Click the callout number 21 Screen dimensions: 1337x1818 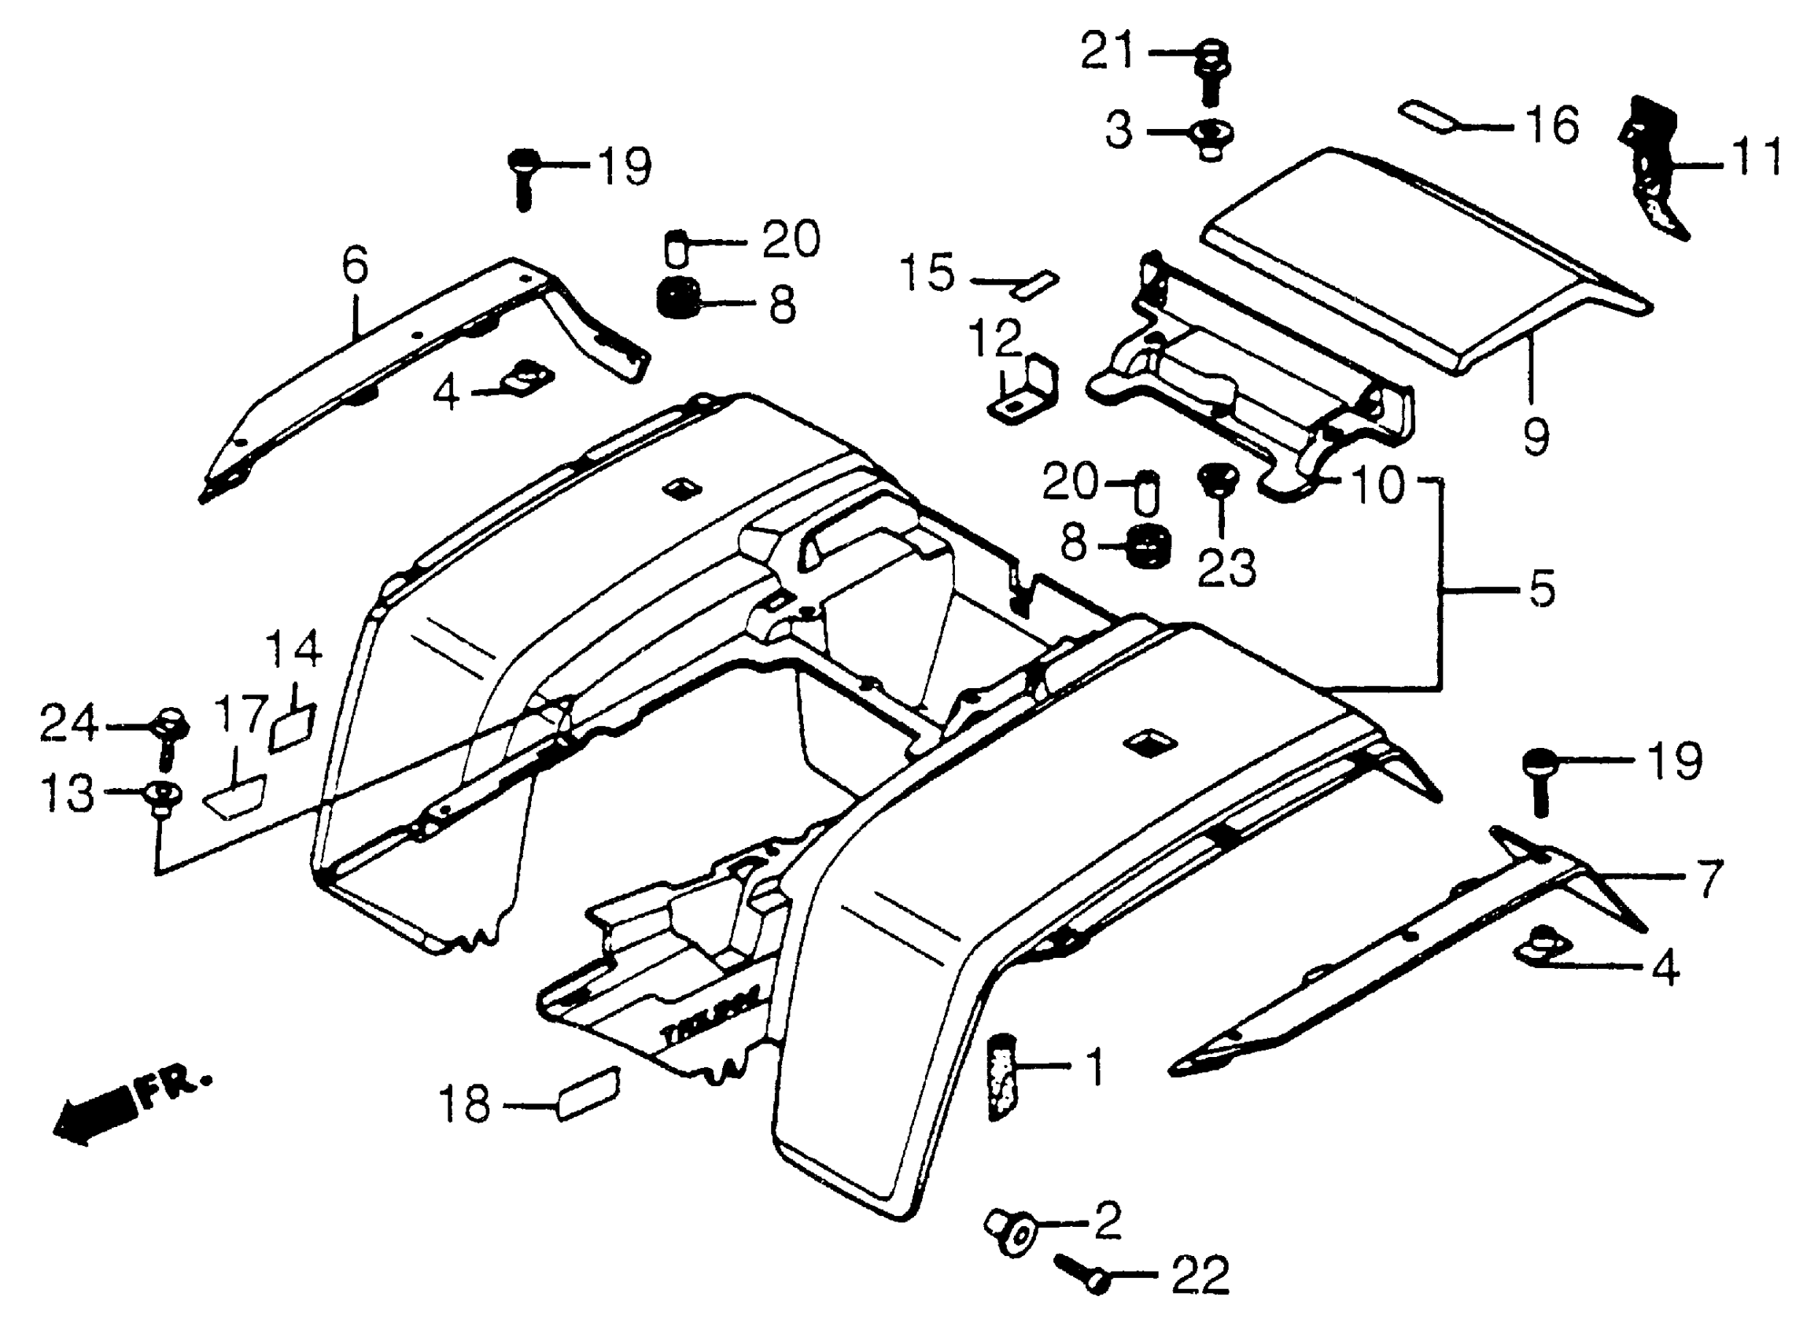click(1108, 53)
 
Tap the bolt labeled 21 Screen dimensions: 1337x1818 click(1211, 73)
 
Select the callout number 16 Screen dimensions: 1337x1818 click(1551, 126)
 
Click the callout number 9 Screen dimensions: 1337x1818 click(1536, 437)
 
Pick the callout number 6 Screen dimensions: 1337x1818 click(356, 265)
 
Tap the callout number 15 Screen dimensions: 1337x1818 click(927, 273)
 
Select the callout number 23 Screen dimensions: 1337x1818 click(1226, 568)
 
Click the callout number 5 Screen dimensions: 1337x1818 click(1542, 589)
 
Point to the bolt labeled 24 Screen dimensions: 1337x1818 click(171, 732)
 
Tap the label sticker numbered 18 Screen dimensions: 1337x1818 click(588, 1094)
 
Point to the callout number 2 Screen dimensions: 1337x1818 click(1108, 1221)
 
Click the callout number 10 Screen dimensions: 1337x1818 click(1377, 485)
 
